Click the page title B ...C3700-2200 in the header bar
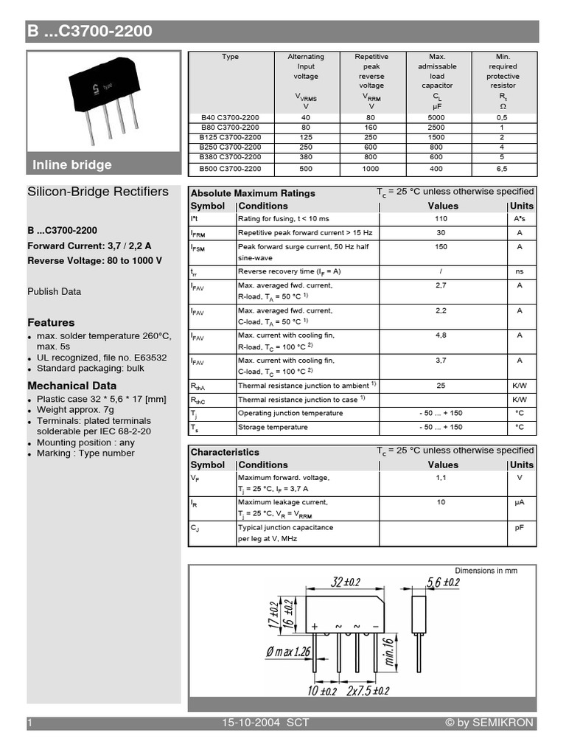point(91,31)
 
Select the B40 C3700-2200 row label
point(230,117)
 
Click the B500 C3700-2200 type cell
point(230,169)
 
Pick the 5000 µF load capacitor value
point(437,117)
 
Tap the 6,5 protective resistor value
point(502,169)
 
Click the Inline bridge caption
point(71,164)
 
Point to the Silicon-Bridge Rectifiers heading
point(98,192)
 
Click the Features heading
point(51,322)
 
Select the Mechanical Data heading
point(71,386)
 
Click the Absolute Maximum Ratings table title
point(253,193)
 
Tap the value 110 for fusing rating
point(441,219)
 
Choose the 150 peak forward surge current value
point(441,247)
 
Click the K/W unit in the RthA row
point(520,386)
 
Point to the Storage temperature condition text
point(273,427)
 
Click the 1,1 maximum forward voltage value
point(441,478)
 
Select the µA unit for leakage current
point(520,502)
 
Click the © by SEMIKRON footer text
point(489,723)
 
